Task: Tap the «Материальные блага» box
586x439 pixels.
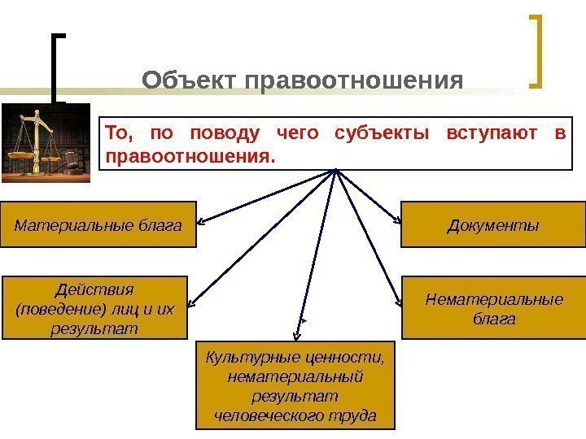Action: point(98,224)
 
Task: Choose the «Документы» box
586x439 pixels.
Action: point(492,224)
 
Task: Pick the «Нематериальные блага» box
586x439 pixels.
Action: point(494,308)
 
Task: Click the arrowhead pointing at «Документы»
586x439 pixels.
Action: point(396,220)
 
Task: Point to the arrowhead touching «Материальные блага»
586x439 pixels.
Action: point(202,222)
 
